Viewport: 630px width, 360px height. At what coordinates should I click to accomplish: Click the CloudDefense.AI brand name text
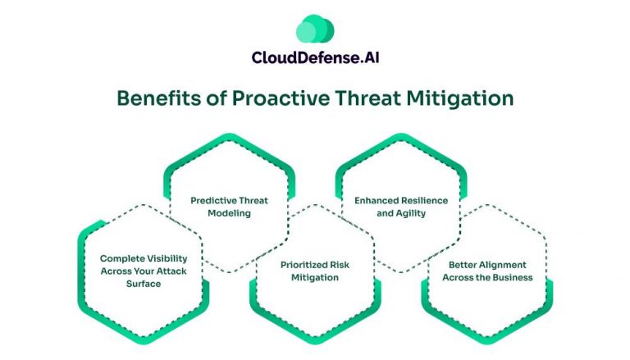click(315, 58)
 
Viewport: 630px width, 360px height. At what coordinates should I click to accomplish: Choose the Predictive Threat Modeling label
click(229, 206)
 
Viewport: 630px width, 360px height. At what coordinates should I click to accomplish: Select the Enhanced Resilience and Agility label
click(399, 206)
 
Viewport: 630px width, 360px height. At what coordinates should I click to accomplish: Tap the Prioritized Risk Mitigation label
click(314, 271)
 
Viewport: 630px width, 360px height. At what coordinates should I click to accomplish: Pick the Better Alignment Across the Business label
click(487, 271)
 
